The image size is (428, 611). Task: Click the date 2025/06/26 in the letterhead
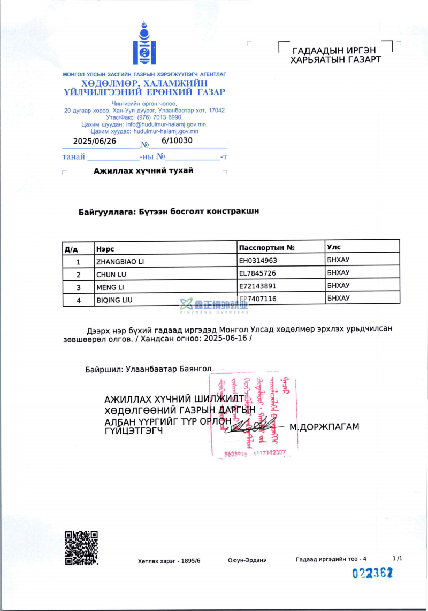[x=94, y=142]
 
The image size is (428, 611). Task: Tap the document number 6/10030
[x=177, y=141]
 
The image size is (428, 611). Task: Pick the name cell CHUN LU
[x=111, y=275]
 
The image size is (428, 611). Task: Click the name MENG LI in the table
[x=110, y=287]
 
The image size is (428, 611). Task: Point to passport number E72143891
[x=258, y=286]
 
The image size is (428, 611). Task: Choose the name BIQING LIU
[x=114, y=300]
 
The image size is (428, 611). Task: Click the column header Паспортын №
[x=267, y=248]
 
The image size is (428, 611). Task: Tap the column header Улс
[x=334, y=247]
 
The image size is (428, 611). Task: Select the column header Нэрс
[x=105, y=249]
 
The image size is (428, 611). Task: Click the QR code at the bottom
[x=81, y=547]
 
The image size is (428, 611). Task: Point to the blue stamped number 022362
[x=372, y=574]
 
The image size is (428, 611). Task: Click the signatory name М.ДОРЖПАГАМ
[x=324, y=427]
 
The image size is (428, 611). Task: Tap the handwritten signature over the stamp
[x=252, y=426]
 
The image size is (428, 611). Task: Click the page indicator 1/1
[x=397, y=558]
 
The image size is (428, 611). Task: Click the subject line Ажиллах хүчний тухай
[x=143, y=171]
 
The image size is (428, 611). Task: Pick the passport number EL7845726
[x=258, y=273]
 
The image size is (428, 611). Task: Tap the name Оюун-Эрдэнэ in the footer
[x=247, y=560]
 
